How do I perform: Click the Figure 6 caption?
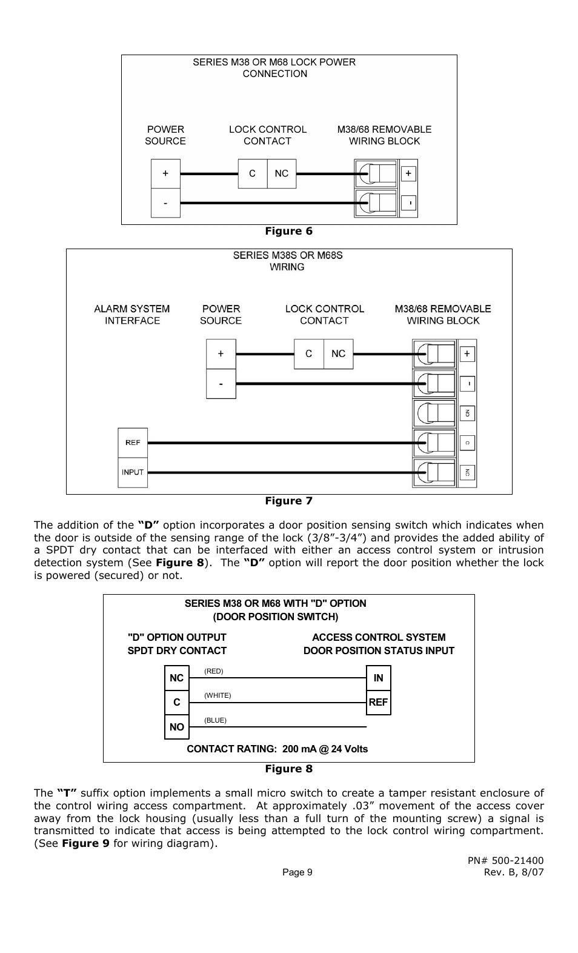coord(288,231)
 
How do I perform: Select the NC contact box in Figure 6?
coord(282,173)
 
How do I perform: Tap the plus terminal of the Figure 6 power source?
coord(165,173)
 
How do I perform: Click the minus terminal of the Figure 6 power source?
coord(165,203)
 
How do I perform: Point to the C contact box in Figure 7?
coord(309,354)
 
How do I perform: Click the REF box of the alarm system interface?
coord(133,443)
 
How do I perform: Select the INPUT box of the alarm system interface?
coord(133,472)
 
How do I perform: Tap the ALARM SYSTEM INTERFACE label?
coord(132,315)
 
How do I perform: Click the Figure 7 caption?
coord(288,501)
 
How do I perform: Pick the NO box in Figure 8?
coord(177,727)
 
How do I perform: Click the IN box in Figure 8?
coord(379,678)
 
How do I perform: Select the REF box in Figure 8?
coord(379,703)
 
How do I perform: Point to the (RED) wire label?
coord(214,671)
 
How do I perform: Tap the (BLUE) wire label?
coord(215,720)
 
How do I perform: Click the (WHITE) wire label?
coord(218,695)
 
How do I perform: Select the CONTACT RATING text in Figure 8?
coord(277,749)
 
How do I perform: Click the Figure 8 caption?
coord(288,769)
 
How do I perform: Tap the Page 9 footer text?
coord(297,872)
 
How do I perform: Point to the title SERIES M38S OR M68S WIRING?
coord(288,261)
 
